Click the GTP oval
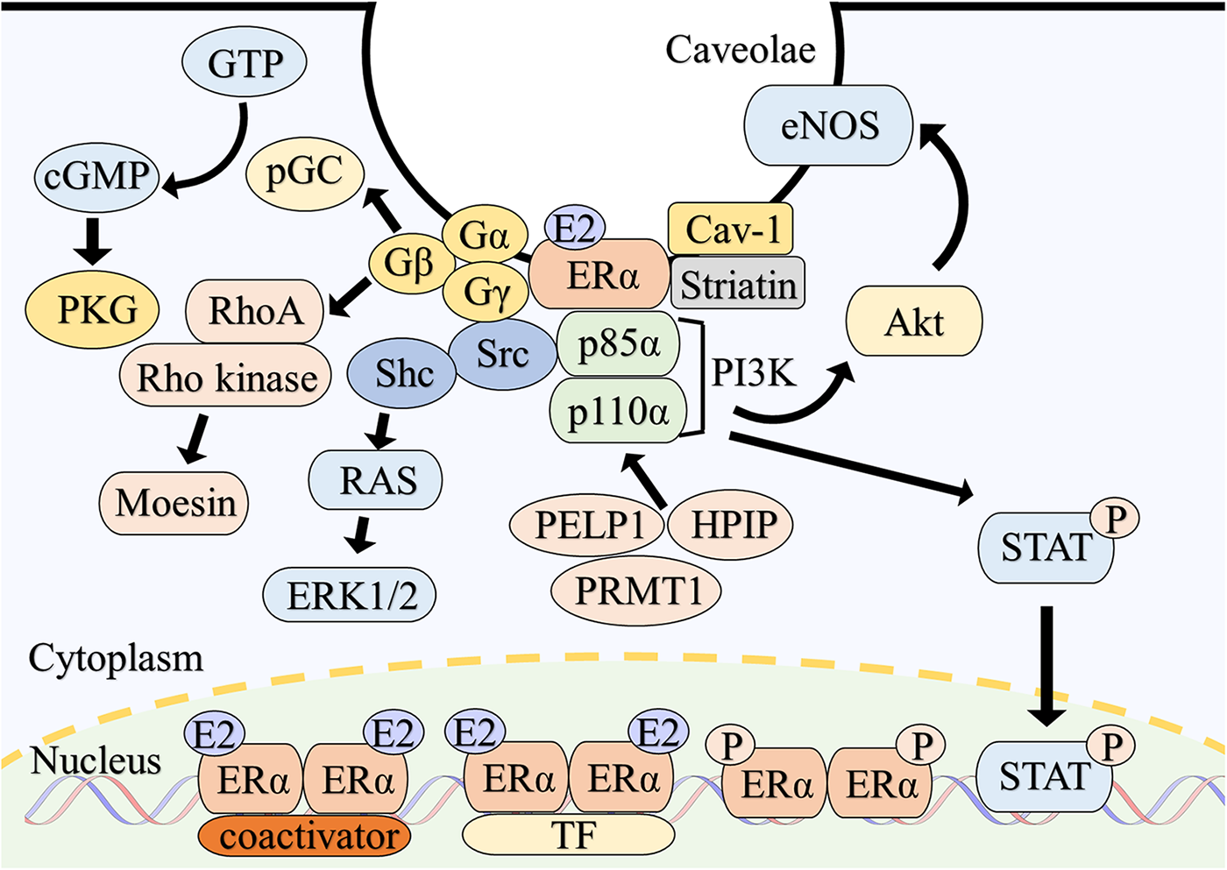coord(244,64)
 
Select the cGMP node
coord(96,176)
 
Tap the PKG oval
coord(93,310)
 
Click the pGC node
coord(304,172)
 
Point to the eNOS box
coord(828,125)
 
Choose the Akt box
coord(914,322)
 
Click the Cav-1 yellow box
coord(731,230)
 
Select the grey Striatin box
coord(738,284)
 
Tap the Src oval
coord(503,353)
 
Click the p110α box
coord(617,410)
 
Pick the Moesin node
coord(174,503)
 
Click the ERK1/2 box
coord(350,596)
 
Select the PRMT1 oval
coord(636,591)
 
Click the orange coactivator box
coord(305,836)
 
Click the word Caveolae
coord(740,50)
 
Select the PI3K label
coord(753,373)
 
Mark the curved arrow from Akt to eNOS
coord(961,193)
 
